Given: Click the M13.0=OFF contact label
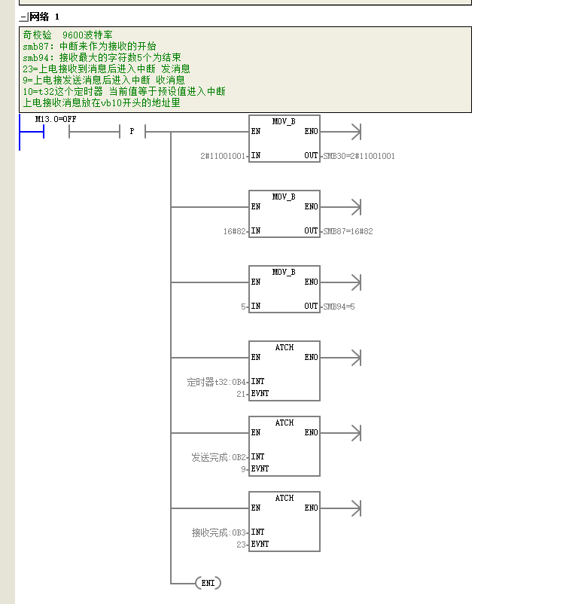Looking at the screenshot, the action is (x=56, y=120).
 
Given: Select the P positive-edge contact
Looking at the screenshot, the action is (x=132, y=131).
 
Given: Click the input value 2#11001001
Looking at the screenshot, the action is (x=223, y=156).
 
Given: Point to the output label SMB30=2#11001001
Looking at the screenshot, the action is (x=359, y=156).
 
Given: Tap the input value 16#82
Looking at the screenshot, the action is (x=235, y=231).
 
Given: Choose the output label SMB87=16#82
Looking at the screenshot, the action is (x=348, y=231).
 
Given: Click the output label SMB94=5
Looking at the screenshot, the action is (x=339, y=307).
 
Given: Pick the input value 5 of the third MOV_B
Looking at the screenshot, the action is (x=243, y=307).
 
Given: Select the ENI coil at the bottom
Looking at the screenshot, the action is (x=208, y=583).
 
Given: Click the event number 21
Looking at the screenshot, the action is (x=241, y=394).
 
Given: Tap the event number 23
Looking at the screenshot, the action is (x=241, y=545).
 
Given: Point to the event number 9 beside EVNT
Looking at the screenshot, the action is (x=243, y=469).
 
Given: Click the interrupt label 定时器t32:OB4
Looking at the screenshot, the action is (x=216, y=382).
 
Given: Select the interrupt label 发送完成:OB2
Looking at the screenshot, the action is (x=219, y=457).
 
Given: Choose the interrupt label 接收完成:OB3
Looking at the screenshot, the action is (x=219, y=532).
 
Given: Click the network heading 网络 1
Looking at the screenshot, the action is (x=44, y=17).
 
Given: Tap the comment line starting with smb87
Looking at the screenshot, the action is (x=90, y=47).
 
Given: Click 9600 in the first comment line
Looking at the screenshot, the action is (x=73, y=35).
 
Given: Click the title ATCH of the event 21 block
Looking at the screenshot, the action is (x=284, y=347).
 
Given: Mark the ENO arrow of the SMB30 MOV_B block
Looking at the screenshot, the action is (x=341, y=132).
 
